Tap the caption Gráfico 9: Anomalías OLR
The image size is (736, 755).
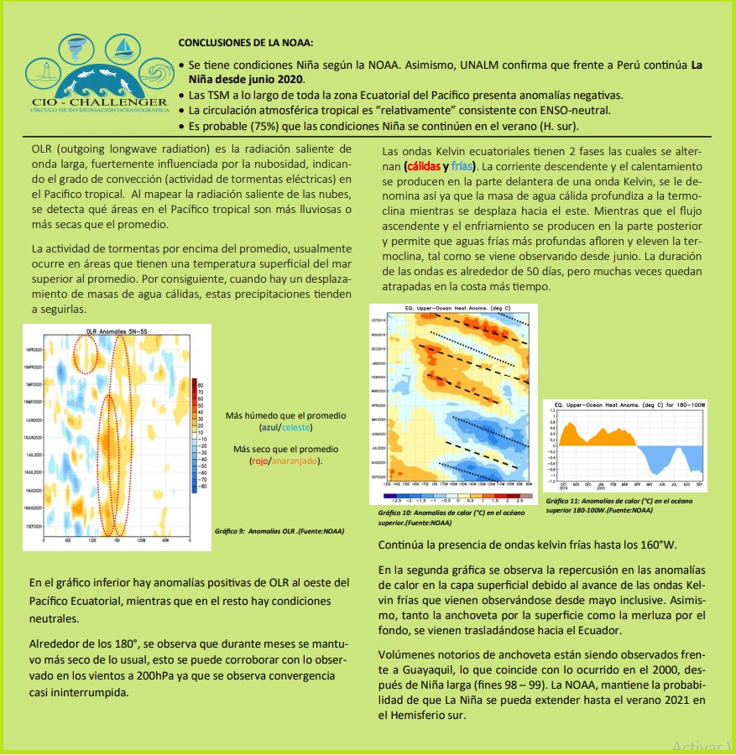[279, 530]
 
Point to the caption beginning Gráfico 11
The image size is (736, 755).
[619, 505]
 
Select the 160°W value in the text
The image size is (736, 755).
[655, 544]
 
